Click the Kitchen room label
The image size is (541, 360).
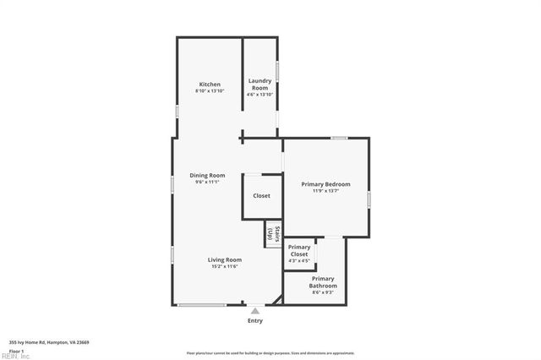(x=210, y=85)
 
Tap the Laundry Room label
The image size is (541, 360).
(x=260, y=84)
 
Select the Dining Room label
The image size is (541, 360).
(x=207, y=175)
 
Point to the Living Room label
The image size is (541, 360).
(x=225, y=259)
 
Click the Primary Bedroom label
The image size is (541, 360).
(x=325, y=183)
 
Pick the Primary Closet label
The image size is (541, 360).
(x=298, y=251)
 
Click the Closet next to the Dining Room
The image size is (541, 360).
(x=261, y=196)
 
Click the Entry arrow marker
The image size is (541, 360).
(x=254, y=311)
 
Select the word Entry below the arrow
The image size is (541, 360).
(x=254, y=320)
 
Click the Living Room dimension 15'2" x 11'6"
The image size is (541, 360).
(x=225, y=267)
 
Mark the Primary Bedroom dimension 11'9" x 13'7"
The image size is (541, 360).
(x=325, y=191)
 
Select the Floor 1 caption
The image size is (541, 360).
(x=16, y=351)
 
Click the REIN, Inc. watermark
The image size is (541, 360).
(x=15, y=357)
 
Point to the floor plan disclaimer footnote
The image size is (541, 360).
(x=270, y=352)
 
